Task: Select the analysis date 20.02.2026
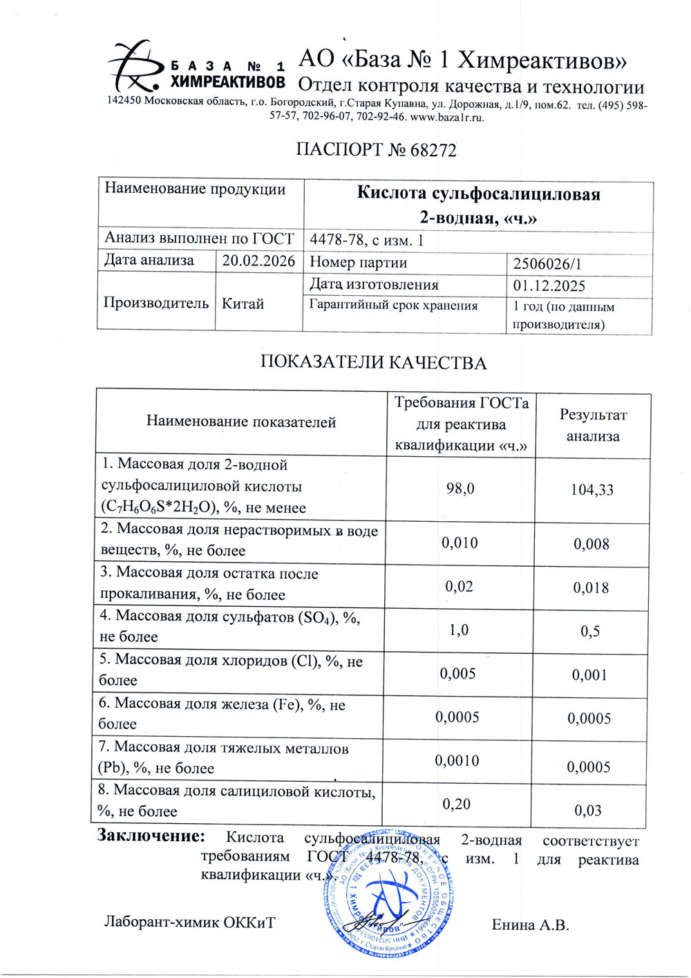point(258,261)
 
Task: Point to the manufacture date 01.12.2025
point(549,286)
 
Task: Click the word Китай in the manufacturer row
point(243,303)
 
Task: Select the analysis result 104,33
point(591,490)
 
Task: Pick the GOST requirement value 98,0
point(460,489)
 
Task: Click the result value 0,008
point(591,545)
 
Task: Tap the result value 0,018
point(591,588)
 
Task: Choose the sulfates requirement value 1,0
point(459,630)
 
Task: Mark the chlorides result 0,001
point(589,675)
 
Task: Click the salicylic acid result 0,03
point(588,811)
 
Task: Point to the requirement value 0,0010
point(457,761)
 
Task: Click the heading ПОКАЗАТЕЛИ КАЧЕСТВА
point(373,363)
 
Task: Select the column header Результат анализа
point(593,425)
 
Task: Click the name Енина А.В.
point(530,925)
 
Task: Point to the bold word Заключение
point(151,836)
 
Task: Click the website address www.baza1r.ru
point(447,117)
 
